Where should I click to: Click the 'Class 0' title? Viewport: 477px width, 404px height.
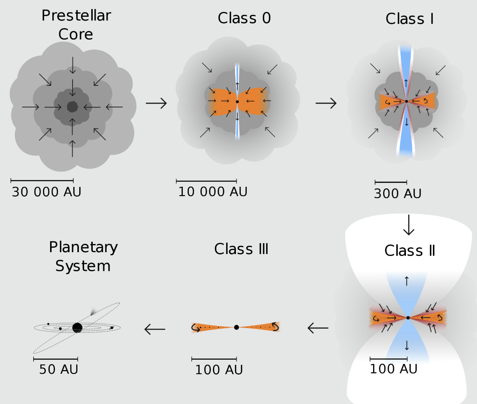pyautogui.click(x=244, y=18)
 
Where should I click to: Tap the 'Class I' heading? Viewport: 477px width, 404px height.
pyautogui.click(x=410, y=19)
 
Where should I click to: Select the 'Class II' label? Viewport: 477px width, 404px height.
pyautogui.click(x=410, y=250)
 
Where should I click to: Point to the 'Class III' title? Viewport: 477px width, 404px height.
pyautogui.click(x=241, y=249)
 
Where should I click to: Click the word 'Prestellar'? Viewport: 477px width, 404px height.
pyautogui.click(x=76, y=15)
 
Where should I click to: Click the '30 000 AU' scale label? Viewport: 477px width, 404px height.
pyautogui.click(x=46, y=192)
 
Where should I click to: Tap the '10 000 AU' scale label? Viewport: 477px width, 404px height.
pyautogui.click(x=213, y=192)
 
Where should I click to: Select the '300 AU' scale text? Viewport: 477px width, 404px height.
pyautogui.click(x=398, y=194)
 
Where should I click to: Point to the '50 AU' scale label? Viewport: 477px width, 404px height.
pyautogui.click(x=59, y=369)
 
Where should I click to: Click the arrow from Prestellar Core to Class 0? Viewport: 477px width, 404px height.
pyautogui.click(x=156, y=103)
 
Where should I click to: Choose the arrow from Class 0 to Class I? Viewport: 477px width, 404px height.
pyautogui.click(x=326, y=103)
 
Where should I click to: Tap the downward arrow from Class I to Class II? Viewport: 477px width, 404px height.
pyautogui.click(x=409, y=225)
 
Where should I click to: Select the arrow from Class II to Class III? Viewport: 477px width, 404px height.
pyautogui.click(x=318, y=328)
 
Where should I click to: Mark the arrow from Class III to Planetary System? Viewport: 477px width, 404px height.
pyautogui.click(x=155, y=329)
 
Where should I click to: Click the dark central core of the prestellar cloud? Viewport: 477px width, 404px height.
pyautogui.click(x=73, y=107)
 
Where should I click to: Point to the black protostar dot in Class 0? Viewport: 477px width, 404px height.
pyautogui.click(x=237, y=101)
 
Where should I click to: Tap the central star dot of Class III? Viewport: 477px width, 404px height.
pyautogui.click(x=236, y=327)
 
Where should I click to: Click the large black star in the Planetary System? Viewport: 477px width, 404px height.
pyautogui.click(x=77, y=328)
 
